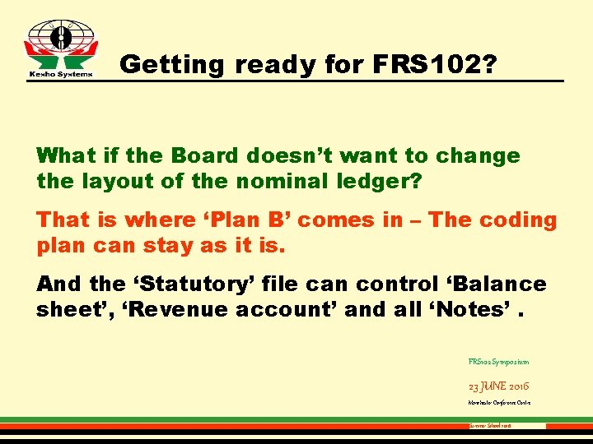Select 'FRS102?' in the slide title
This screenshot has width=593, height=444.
(x=434, y=64)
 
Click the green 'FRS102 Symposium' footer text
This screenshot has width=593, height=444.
(x=497, y=361)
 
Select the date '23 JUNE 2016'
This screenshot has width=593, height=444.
(x=497, y=385)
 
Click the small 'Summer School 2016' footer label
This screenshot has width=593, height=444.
(x=490, y=427)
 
